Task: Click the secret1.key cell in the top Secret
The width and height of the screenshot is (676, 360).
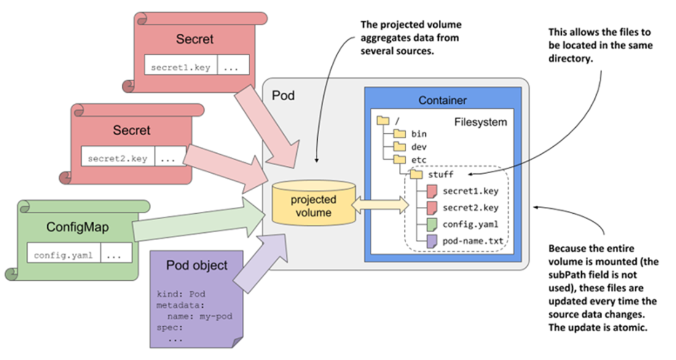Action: point(180,66)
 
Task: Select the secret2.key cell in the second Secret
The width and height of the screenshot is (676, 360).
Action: point(117,158)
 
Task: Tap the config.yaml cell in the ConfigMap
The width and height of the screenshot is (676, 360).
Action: point(63,254)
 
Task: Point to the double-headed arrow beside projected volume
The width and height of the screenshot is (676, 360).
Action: point(380,202)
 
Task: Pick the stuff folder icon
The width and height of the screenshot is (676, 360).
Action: point(417,174)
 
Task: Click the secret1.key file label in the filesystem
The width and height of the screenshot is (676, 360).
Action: point(470,191)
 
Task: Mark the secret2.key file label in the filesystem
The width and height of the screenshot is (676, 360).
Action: point(470,207)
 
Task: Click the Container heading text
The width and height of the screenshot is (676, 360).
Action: point(442,100)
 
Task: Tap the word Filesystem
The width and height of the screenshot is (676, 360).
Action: point(481,122)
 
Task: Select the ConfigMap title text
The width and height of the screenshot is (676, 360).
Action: point(77,227)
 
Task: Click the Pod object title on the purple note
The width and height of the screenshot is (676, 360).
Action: point(197,266)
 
